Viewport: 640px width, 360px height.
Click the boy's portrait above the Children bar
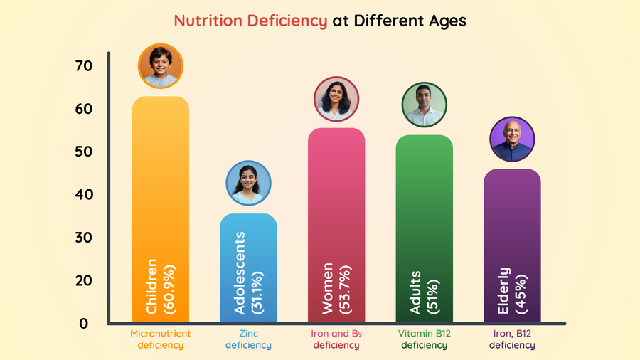click(x=161, y=65)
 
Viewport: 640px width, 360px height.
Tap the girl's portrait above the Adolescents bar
click(x=248, y=183)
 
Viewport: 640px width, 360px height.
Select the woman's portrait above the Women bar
click(x=336, y=99)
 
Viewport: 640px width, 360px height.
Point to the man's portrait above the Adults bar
click(x=425, y=105)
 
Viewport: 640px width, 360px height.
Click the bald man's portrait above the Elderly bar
click(x=512, y=139)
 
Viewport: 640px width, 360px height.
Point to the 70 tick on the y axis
click(x=83, y=66)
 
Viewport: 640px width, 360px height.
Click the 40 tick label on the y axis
click(x=83, y=194)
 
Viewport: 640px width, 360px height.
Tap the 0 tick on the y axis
click(x=83, y=323)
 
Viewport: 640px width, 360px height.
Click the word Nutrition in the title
click(x=209, y=21)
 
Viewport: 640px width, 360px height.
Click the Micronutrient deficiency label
click(x=161, y=339)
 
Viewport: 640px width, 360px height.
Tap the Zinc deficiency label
click(x=248, y=339)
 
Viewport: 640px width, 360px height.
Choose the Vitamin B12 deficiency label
click(x=425, y=339)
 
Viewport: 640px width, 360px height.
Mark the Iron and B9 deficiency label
click(x=336, y=339)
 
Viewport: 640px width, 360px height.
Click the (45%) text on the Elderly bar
click(x=521, y=292)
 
